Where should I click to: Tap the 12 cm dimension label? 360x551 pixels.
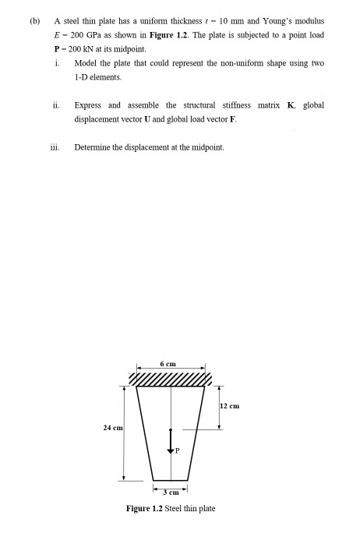point(231,405)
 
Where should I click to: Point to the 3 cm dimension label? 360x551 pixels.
point(170,492)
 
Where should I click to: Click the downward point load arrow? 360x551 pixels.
point(171,440)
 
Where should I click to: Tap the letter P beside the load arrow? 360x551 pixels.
point(177,450)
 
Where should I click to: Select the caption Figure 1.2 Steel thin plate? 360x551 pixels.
point(171,508)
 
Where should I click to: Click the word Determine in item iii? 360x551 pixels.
point(91,146)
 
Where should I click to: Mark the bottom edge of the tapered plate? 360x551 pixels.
point(170,479)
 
